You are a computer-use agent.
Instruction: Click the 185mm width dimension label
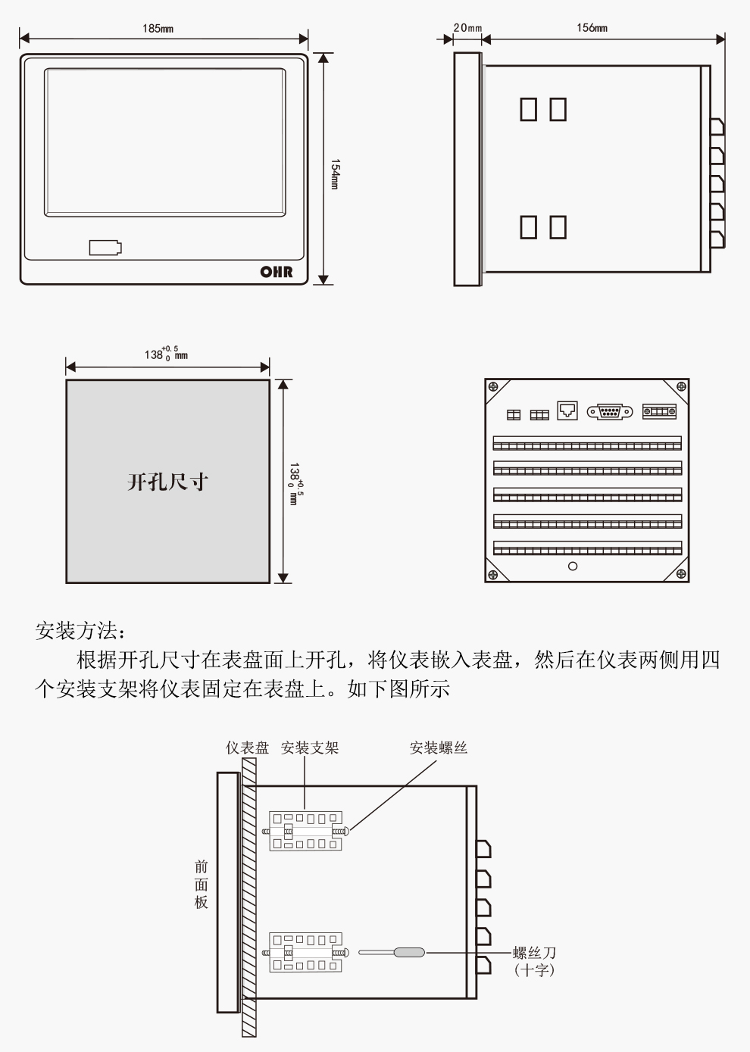pyautogui.click(x=158, y=29)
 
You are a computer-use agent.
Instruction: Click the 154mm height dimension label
pyautogui.click(x=335, y=174)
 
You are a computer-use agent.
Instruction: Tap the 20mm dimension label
pyautogui.click(x=467, y=28)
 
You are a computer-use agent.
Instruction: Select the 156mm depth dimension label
pyautogui.click(x=592, y=28)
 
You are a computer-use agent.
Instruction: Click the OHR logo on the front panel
pyautogui.click(x=276, y=271)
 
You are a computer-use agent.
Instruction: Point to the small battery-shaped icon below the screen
pyautogui.click(x=105, y=248)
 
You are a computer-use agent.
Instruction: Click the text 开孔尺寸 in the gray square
pyautogui.click(x=167, y=482)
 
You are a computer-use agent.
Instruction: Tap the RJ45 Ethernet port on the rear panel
pyautogui.click(x=567, y=410)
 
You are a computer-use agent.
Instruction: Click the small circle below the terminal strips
pyautogui.click(x=573, y=566)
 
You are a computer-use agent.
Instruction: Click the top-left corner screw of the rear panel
pyautogui.click(x=493, y=387)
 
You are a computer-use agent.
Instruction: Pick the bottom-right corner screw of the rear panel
pyautogui.click(x=680, y=573)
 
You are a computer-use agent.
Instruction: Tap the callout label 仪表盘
pyautogui.click(x=247, y=748)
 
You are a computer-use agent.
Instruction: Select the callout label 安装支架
pyautogui.click(x=309, y=748)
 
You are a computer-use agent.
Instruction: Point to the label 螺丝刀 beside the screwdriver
pyautogui.click(x=534, y=953)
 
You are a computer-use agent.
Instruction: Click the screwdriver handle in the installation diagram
pyautogui.click(x=409, y=953)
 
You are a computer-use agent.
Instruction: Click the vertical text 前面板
pyautogui.click(x=201, y=884)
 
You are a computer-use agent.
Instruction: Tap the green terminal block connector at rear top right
pyautogui.click(x=659, y=411)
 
